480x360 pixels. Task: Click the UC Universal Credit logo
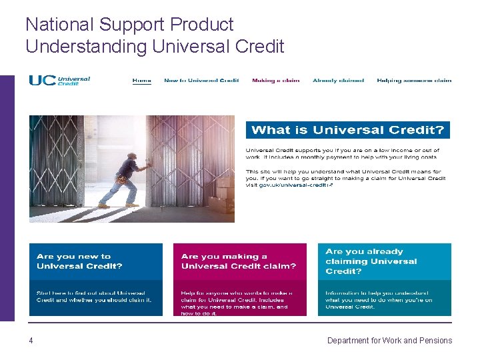(59, 80)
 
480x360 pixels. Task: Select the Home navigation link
(141, 81)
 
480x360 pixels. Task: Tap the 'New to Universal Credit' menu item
(201, 81)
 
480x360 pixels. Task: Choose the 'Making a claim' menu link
(275, 81)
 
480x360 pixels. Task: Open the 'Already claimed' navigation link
(338, 81)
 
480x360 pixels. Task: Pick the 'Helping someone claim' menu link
(414, 81)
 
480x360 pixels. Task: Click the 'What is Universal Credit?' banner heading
(347, 130)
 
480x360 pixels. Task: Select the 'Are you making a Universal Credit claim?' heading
(238, 261)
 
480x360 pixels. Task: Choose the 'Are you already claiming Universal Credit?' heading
(371, 261)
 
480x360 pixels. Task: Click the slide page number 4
(31, 341)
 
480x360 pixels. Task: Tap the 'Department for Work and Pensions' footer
(389, 341)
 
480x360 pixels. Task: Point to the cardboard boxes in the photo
(222, 197)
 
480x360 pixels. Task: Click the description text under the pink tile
(237, 303)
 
